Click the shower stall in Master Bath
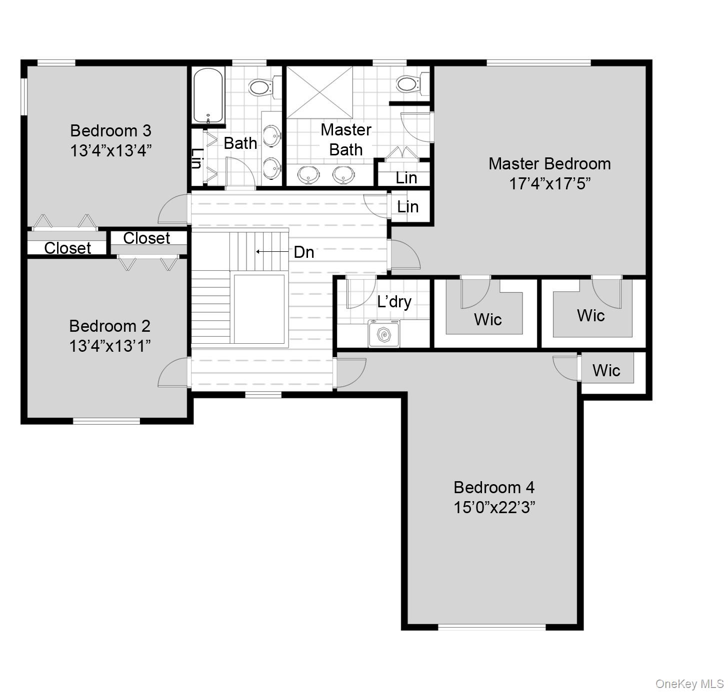319,92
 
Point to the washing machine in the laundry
383,334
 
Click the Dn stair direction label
303,252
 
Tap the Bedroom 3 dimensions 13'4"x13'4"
110,150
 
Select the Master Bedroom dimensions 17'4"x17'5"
549,184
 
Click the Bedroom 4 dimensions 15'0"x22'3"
494,508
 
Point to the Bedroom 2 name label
109,326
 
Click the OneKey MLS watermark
689,684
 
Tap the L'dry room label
394,302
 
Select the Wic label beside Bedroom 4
606,370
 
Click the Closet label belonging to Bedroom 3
67,248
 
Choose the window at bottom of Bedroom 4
491,627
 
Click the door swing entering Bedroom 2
173,374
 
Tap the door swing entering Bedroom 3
173,210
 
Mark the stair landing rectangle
259,309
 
